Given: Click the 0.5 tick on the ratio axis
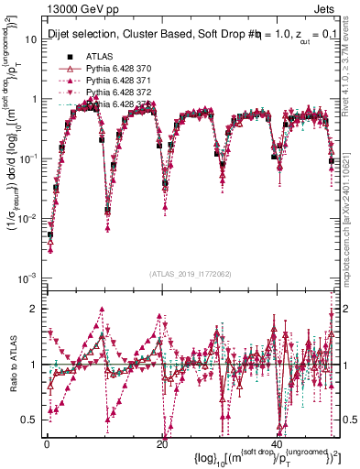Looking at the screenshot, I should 31,420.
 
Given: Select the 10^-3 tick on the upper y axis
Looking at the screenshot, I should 27,278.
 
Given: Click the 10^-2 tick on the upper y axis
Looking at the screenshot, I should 27,218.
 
